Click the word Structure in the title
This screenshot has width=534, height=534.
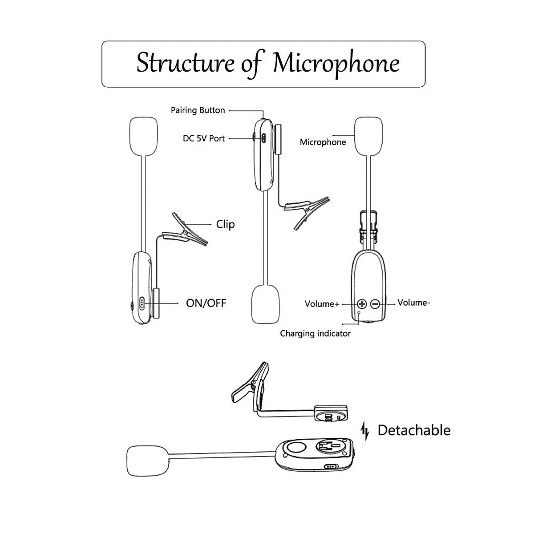pos(185,63)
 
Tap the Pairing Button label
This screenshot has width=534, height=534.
pos(198,110)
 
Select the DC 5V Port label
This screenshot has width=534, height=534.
pos(204,138)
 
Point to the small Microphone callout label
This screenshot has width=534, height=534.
pos(323,142)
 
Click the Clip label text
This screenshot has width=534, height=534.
pos(225,224)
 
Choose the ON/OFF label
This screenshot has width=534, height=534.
pos(206,303)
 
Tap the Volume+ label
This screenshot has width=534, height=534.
pos(322,304)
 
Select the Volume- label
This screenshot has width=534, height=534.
pos(413,303)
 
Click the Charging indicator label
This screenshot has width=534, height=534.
pos(315,333)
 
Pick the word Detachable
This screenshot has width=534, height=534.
pos(414,430)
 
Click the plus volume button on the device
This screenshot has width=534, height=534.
pos(362,304)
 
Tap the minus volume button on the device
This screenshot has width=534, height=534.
pos(375,304)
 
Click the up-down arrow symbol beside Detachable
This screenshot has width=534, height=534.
pos(365,431)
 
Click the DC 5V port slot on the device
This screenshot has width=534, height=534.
pos(263,138)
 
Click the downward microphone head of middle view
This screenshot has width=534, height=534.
pos(266,305)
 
